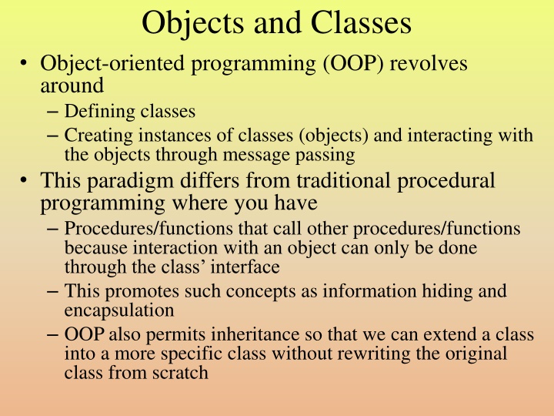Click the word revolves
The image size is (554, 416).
point(429,64)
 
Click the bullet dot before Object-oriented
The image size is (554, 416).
point(25,65)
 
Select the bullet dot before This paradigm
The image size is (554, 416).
point(25,182)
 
